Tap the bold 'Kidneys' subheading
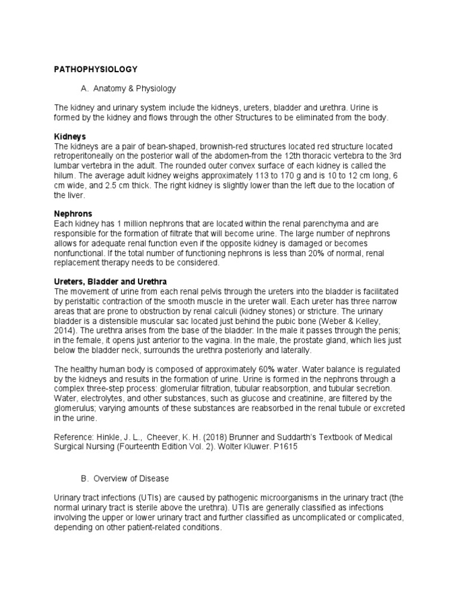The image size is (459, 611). (x=70, y=137)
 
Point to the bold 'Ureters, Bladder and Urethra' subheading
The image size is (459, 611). (x=111, y=281)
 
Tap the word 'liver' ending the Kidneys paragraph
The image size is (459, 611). (x=78, y=195)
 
